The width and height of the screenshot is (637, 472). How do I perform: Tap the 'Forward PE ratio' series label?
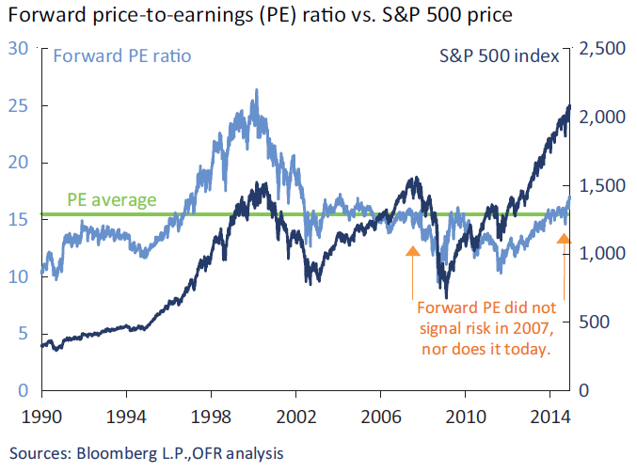pyautogui.click(x=122, y=55)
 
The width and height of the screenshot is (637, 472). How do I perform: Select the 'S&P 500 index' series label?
pyautogui.click(x=500, y=55)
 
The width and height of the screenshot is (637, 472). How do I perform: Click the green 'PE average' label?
pyautogui.click(x=111, y=200)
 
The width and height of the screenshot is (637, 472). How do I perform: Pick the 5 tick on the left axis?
pyautogui.click(x=22, y=334)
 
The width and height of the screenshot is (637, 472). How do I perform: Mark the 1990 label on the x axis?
pyautogui.click(x=42, y=415)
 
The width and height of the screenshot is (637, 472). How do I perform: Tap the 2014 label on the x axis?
pyautogui.click(x=549, y=415)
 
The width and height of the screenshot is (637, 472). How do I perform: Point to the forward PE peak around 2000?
pyautogui.click(x=257, y=91)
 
